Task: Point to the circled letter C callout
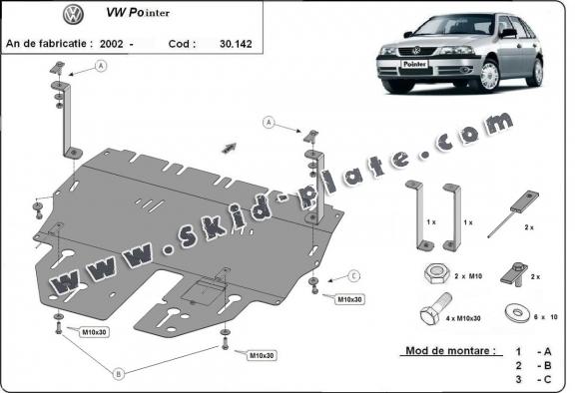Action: coord(354,276)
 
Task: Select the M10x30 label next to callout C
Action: coord(349,298)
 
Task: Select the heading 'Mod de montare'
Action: coord(449,351)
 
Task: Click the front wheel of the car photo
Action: coord(490,78)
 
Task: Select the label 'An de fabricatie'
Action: coord(49,44)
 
